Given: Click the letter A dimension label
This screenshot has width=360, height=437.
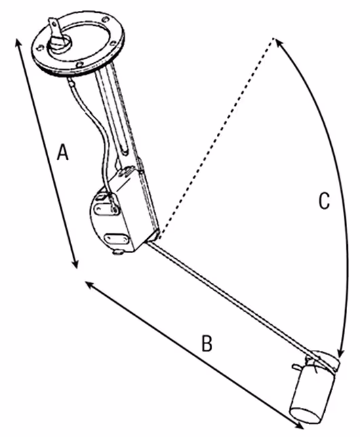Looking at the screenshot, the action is click(62, 152).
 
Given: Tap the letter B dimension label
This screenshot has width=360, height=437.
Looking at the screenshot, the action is click(207, 343).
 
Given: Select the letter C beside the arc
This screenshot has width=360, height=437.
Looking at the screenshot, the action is click(324, 200).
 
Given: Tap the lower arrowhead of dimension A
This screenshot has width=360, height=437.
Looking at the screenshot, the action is click(75, 263).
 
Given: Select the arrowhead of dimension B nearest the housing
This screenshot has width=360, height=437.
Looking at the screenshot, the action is click(89, 285).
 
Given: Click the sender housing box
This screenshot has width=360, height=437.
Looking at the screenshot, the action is click(125, 210).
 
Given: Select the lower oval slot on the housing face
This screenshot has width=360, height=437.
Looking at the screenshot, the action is click(116, 238).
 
